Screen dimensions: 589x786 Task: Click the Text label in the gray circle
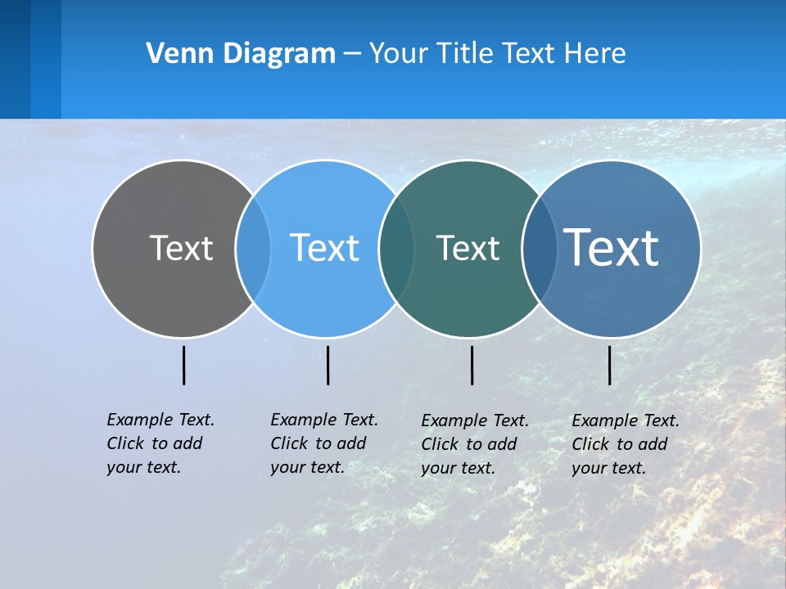click(181, 248)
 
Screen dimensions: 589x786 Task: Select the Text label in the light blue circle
click(325, 248)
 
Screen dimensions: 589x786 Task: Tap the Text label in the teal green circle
click(468, 248)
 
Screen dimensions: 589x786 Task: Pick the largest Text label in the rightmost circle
click(612, 247)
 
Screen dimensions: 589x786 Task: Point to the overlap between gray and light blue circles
click(253, 248)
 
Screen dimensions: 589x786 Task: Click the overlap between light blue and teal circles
click(396, 248)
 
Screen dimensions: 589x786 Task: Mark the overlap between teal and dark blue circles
click(540, 248)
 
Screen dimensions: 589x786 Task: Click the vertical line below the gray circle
click(183, 365)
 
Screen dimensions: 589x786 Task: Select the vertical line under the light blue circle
click(327, 365)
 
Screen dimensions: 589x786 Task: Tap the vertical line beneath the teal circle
click(472, 365)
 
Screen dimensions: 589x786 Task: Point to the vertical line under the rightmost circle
click(609, 365)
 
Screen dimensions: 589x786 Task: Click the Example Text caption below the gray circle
click(160, 443)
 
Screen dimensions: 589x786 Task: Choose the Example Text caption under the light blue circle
click(324, 443)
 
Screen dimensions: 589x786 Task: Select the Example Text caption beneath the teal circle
click(475, 444)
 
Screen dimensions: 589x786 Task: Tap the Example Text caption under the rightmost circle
click(626, 444)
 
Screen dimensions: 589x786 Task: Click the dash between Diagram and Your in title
click(352, 54)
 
